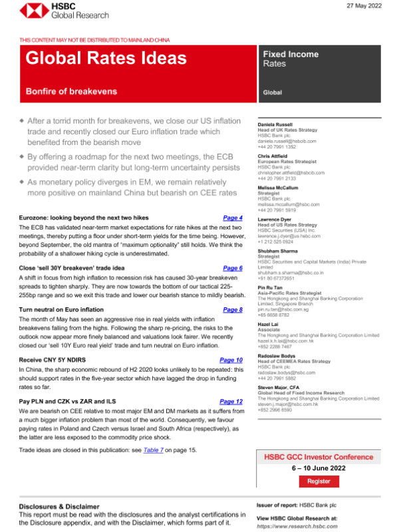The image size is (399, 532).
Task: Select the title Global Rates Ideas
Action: pos(106,58)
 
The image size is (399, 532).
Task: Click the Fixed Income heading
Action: pos(291,54)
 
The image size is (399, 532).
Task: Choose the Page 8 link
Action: pos(233,310)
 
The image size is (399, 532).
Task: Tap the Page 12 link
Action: pos(231,402)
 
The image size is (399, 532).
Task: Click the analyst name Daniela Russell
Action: pos(277,124)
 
